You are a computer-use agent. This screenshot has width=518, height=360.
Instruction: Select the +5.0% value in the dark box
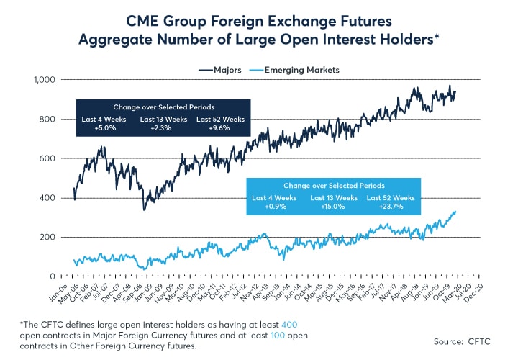pos(99,127)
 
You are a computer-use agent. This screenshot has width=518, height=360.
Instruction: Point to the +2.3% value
pos(160,127)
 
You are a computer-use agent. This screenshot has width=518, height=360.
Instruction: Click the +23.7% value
pos(391,207)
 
